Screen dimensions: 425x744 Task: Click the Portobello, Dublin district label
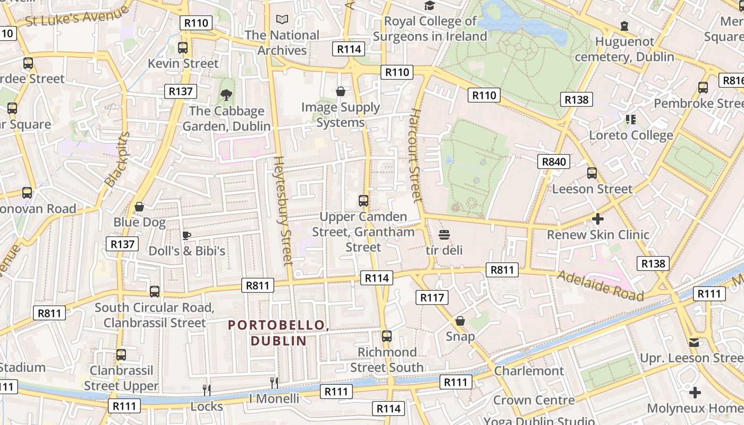coord(278,333)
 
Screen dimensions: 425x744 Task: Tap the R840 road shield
coord(553,161)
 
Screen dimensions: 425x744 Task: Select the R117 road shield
coord(432,297)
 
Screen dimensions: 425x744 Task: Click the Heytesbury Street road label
coord(283,210)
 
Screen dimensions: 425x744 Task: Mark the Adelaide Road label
coord(600,285)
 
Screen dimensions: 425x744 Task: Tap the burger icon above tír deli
coord(444,235)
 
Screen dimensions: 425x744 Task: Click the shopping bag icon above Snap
coord(460,321)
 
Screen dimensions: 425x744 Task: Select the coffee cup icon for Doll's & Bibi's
coord(187,235)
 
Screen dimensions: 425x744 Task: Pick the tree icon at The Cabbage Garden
coord(226,95)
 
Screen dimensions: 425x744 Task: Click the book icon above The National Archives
coord(282,20)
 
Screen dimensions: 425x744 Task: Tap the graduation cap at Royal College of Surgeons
coord(429,5)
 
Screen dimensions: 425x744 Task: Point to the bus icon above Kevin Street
coord(183,48)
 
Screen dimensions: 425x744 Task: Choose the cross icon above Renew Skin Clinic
coord(598,219)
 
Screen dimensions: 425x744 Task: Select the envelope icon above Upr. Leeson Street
coord(694,343)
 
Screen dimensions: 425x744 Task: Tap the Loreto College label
coord(631,135)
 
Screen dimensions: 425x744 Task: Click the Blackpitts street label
coord(117,159)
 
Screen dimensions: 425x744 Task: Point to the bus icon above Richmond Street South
coord(387,336)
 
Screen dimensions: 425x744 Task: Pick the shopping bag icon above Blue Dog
coord(139,207)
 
